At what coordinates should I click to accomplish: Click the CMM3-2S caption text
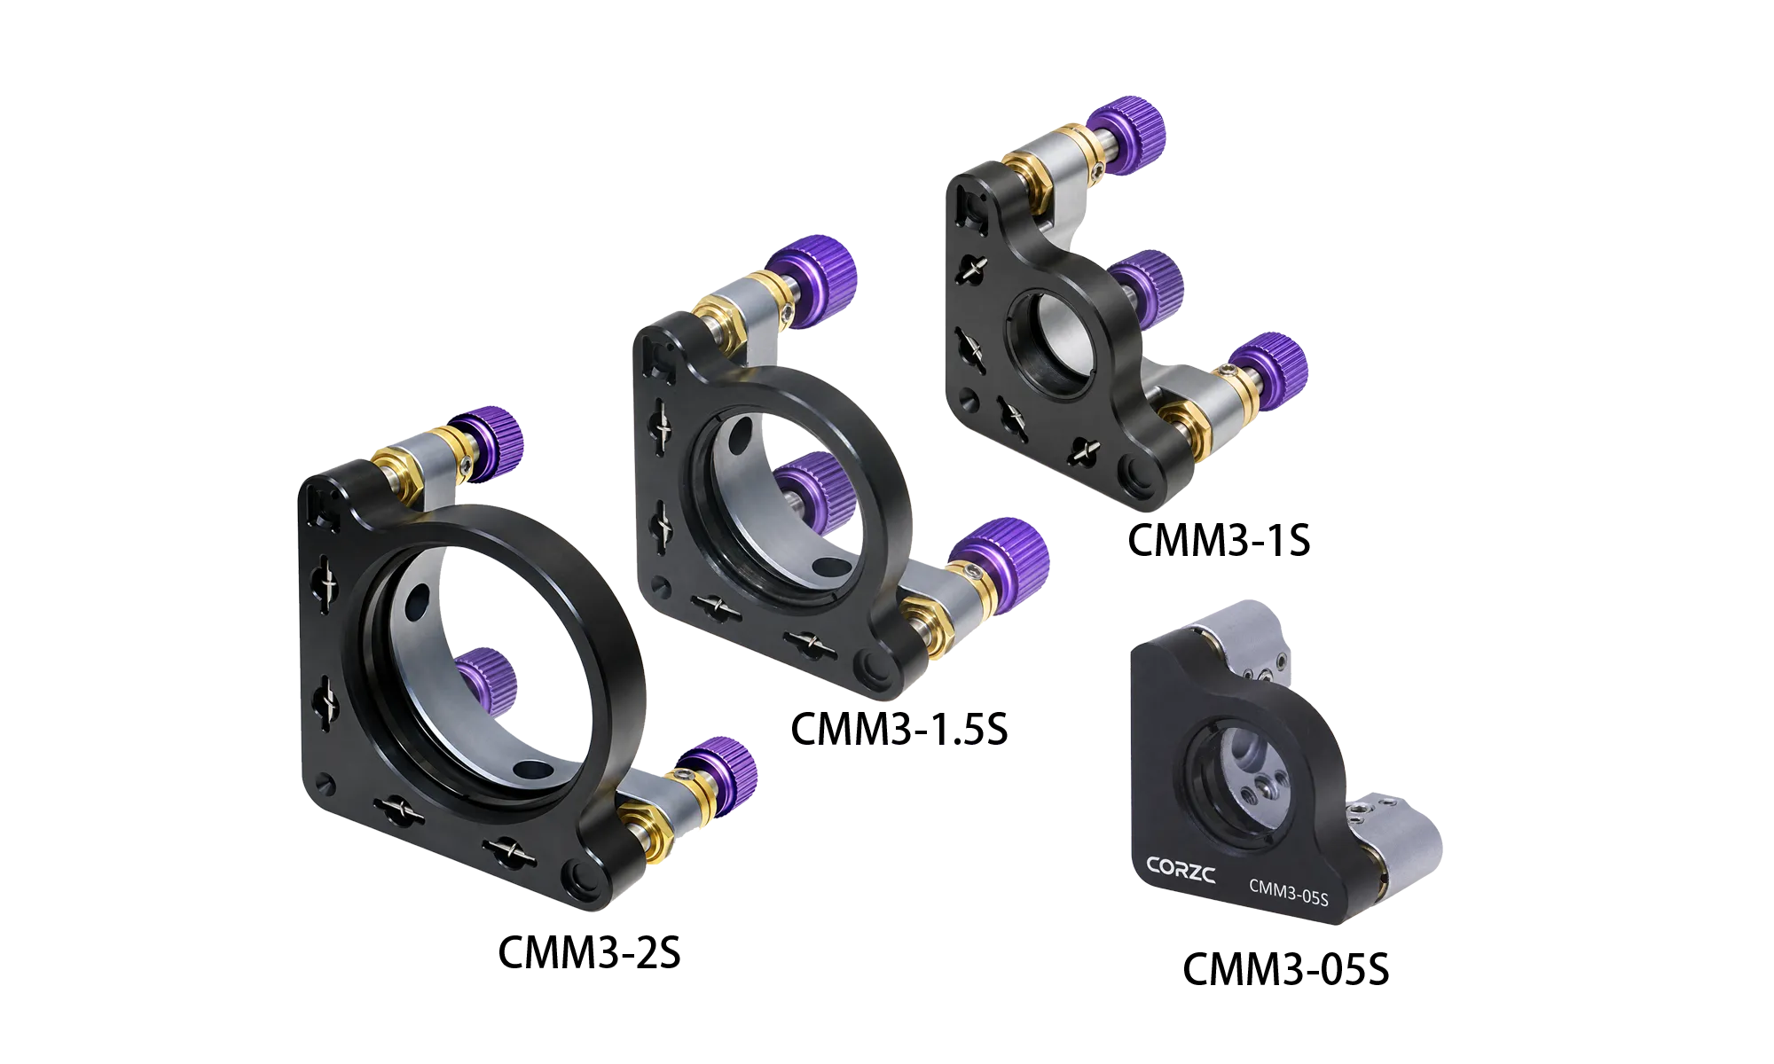tap(589, 952)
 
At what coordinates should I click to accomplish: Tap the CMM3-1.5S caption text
tap(899, 729)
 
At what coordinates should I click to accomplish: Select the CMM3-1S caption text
tap(1219, 540)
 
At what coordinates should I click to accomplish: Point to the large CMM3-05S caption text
tap(1285, 968)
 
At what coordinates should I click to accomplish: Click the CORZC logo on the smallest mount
tap(1181, 870)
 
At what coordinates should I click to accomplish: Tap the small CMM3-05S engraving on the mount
tap(1289, 892)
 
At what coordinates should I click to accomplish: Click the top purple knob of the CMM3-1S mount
tap(1126, 135)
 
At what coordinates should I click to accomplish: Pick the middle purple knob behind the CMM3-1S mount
tap(1147, 286)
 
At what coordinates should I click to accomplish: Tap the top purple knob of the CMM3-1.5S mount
tap(811, 280)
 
